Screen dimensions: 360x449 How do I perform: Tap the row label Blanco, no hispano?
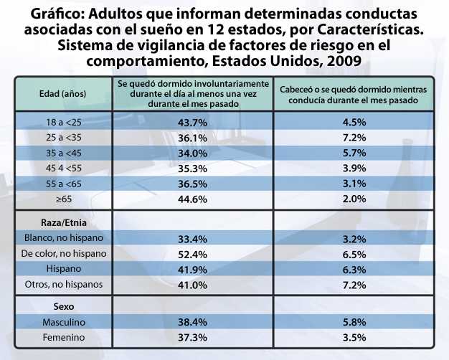tap(64, 238)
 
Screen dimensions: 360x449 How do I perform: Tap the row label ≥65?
tap(63, 198)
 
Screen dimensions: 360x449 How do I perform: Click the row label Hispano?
tap(63, 269)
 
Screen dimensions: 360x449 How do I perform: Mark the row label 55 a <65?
tap(63, 183)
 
